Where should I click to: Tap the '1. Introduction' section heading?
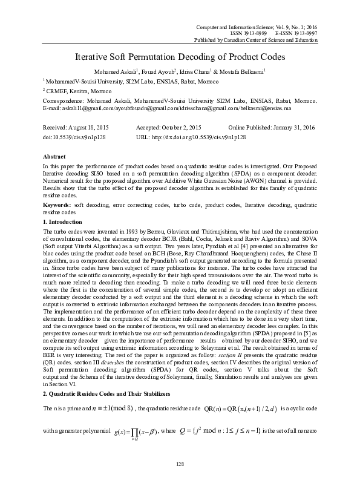tap(66, 223)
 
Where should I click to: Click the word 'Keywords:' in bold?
tap(56, 206)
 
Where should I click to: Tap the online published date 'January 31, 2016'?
tap(294, 129)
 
